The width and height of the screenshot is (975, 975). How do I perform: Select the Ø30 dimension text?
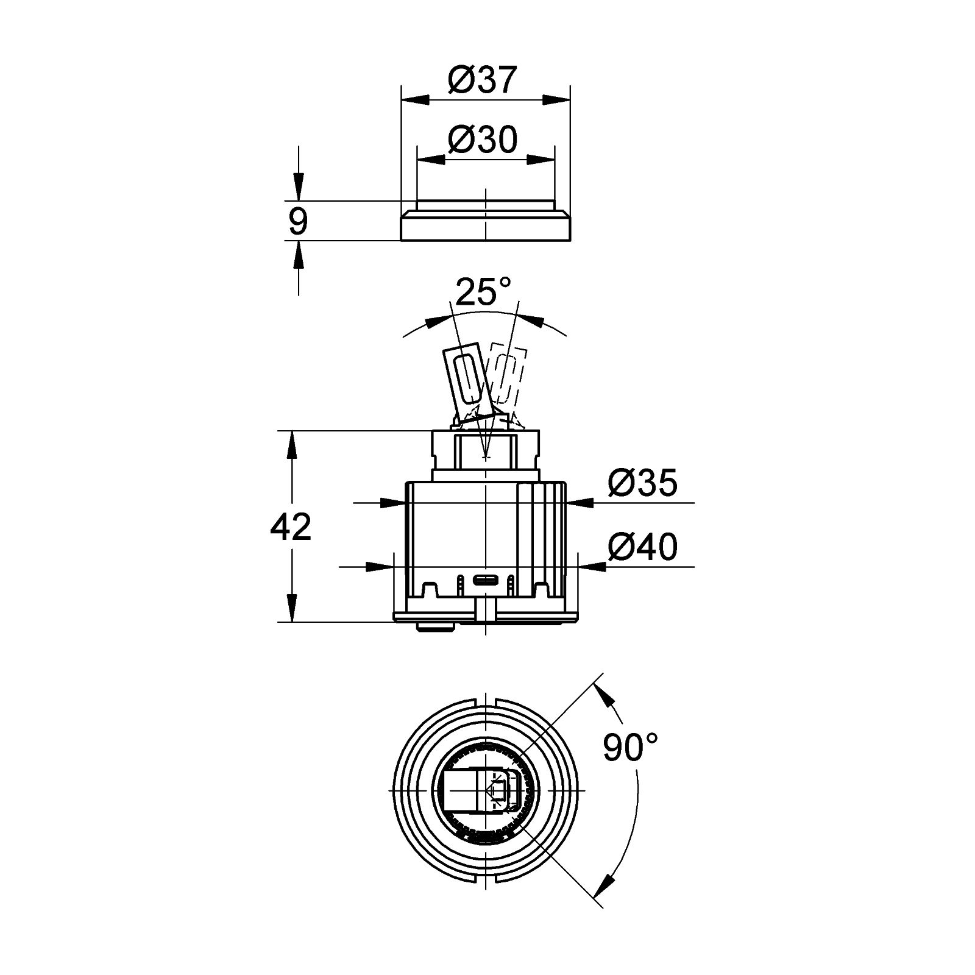[x=482, y=140]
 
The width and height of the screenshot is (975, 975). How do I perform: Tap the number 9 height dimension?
[x=298, y=221]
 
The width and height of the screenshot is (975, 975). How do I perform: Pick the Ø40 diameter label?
[x=642, y=547]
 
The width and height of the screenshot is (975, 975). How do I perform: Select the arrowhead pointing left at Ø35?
[x=580, y=503]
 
